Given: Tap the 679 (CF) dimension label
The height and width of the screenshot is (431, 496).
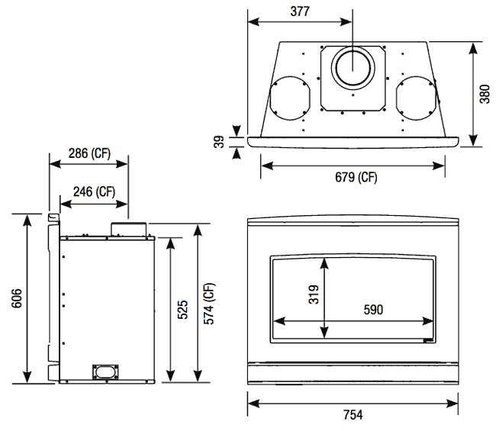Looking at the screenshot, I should [x=356, y=178].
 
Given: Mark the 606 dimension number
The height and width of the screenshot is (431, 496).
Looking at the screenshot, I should [x=14, y=298].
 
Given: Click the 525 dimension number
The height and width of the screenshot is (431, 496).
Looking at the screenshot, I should [x=184, y=310].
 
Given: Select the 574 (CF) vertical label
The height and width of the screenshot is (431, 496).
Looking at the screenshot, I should [x=210, y=303].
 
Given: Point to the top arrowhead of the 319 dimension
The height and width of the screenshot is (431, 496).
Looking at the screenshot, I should [x=326, y=261].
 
